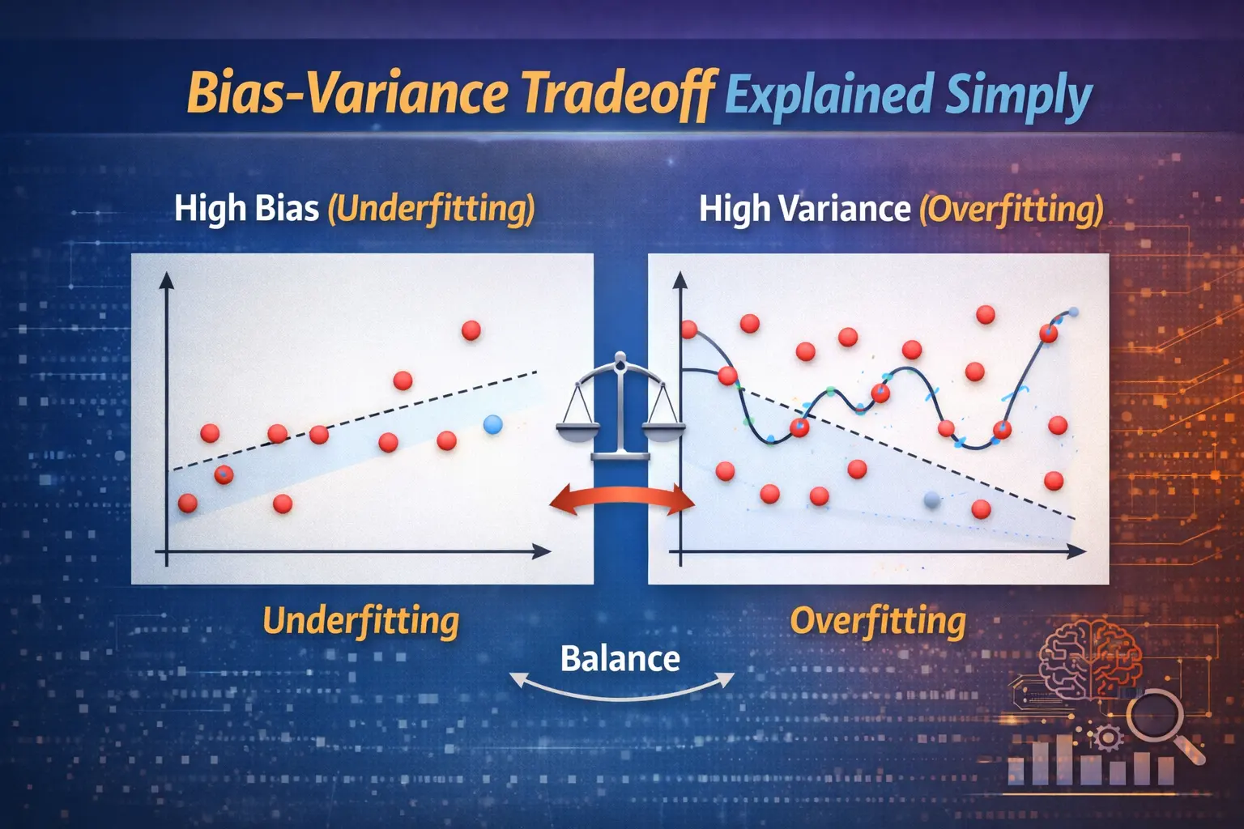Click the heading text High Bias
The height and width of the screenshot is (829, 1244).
246,208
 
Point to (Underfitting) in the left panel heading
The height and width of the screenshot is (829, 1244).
431,209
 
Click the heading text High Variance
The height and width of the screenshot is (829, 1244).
804,209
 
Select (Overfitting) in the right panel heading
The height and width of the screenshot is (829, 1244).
1011,209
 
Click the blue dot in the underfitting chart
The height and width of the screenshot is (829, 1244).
492,424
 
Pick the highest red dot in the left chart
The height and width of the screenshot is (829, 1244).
471,330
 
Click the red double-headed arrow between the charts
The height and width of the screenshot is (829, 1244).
622,501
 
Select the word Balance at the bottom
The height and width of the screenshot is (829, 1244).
620,658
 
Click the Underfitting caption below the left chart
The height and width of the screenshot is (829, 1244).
361,621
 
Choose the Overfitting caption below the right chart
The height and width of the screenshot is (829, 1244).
878,621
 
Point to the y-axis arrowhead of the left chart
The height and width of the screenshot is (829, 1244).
167,281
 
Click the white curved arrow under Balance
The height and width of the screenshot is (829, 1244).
621,690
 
